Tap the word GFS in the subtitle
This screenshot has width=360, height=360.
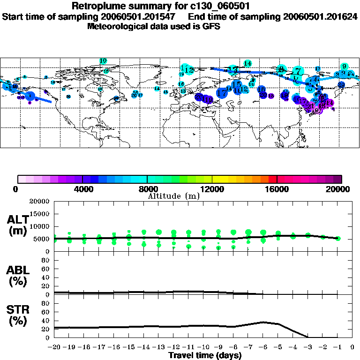click(x=211, y=26)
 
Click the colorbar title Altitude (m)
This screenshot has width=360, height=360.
click(x=174, y=196)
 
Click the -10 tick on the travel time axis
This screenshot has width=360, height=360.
click(x=203, y=348)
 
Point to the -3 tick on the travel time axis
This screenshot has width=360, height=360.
click(x=307, y=348)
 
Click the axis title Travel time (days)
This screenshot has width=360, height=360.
click(x=205, y=356)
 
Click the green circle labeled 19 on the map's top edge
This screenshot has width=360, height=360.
click(x=103, y=61)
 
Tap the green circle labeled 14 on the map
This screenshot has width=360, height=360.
click(x=247, y=64)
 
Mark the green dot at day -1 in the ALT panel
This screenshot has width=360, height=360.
click(x=337, y=239)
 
